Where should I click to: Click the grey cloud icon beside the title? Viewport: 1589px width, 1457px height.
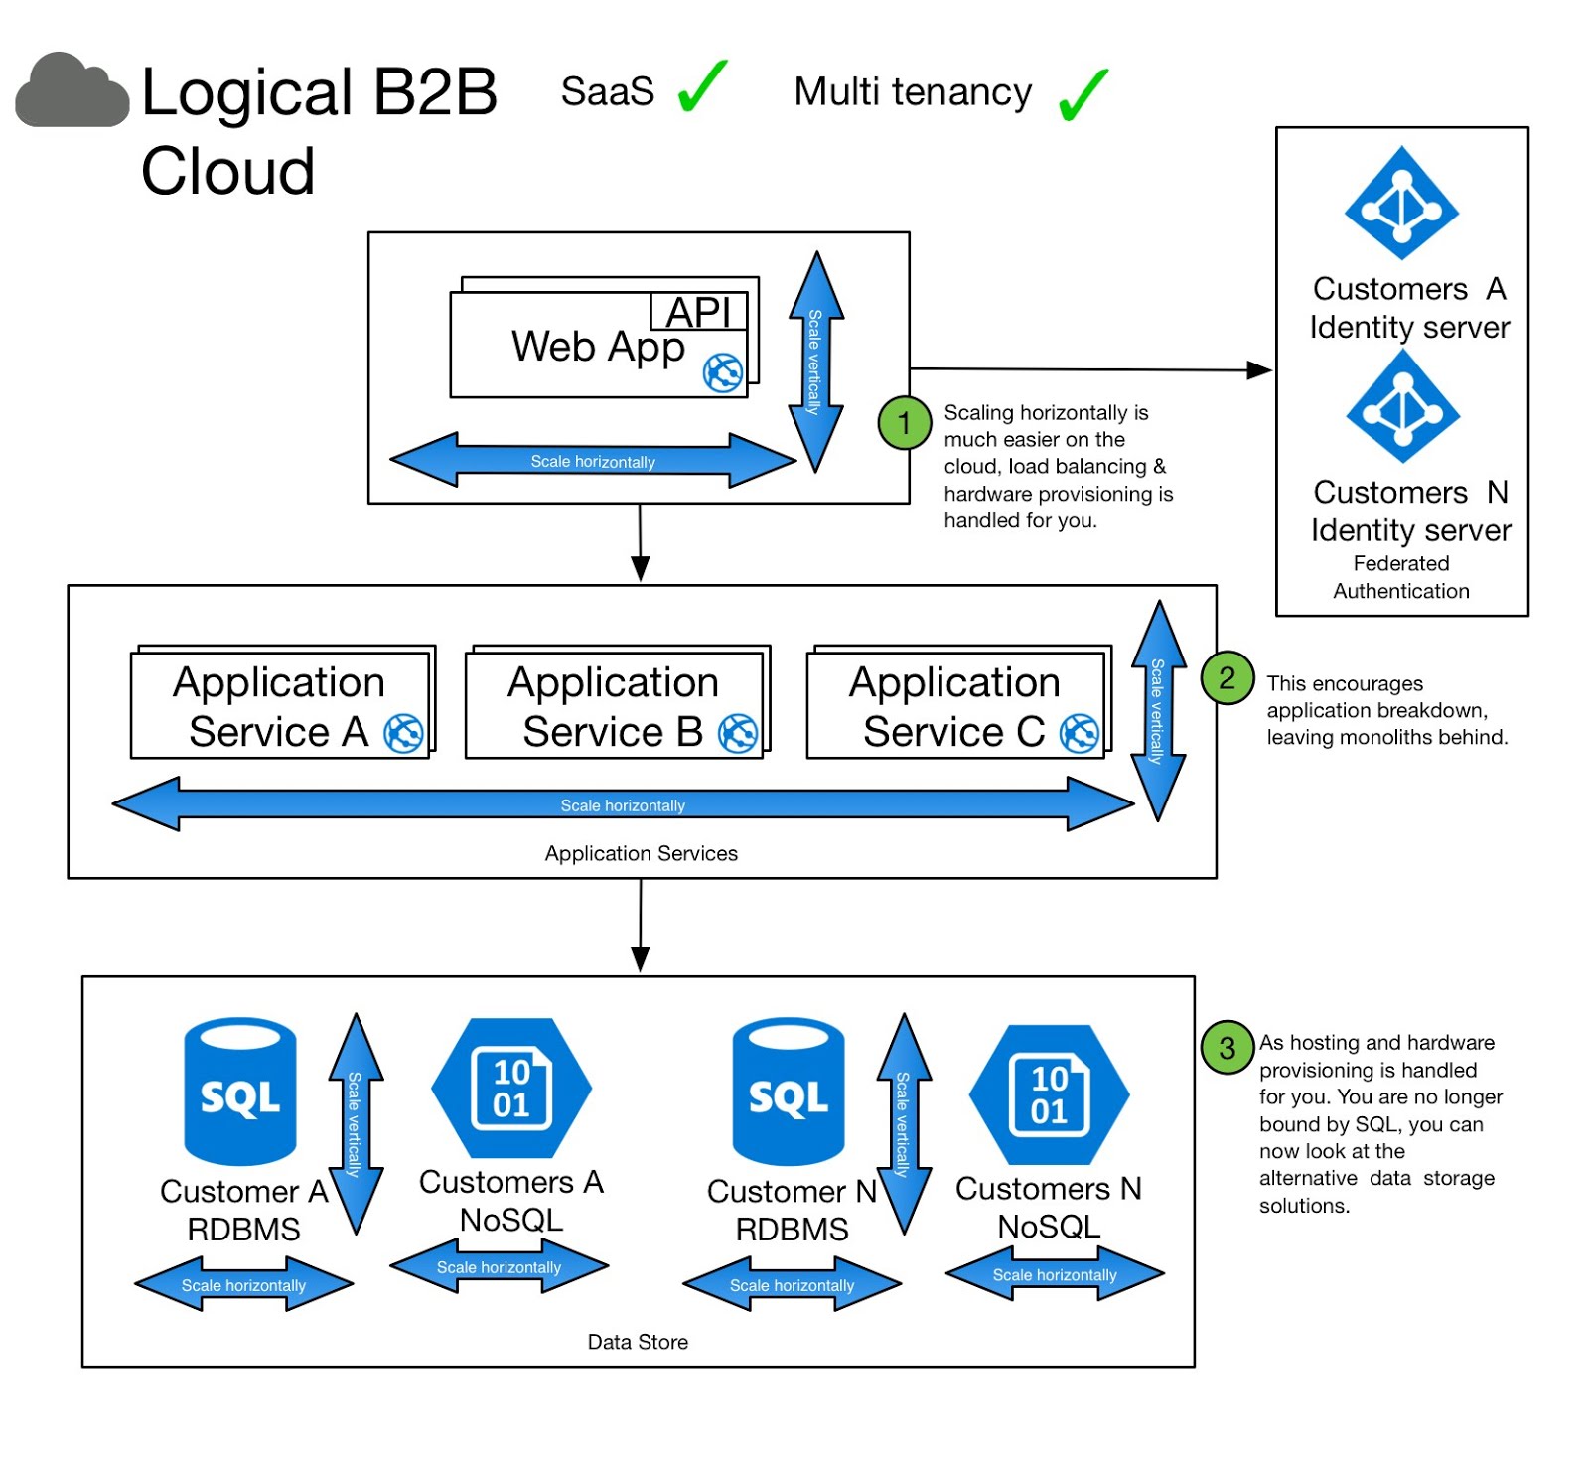click(72, 92)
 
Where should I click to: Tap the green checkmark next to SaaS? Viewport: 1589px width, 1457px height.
click(702, 87)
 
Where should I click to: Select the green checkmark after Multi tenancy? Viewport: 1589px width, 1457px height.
click(1083, 94)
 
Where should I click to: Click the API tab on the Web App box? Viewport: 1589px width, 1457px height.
click(698, 312)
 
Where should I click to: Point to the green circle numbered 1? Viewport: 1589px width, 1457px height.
click(904, 423)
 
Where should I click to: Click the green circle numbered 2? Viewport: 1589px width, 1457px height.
click(1227, 678)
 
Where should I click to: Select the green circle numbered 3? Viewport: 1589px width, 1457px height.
click(1227, 1047)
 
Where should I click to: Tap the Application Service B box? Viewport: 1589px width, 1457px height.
click(614, 706)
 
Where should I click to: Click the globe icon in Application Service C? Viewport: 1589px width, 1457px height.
click(1079, 734)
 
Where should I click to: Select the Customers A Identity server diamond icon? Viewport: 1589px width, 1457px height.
click(1400, 204)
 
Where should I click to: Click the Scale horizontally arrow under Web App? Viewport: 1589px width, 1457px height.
click(593, 461)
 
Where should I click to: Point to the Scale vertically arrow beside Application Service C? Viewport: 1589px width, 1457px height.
click(1158, 710)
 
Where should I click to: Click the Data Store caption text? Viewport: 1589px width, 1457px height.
click(638, 1342)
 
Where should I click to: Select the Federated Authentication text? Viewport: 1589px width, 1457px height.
click(1400, 577)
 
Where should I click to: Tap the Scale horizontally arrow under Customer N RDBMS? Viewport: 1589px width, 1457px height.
click(792, 1284)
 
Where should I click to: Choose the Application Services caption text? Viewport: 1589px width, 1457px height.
click(641, 853)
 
